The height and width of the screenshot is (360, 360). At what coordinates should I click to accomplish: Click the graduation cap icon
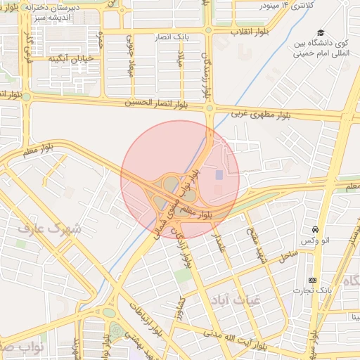click(x=321, y=33)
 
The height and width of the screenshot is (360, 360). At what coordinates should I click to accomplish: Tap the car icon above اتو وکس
click(x=314, y=230)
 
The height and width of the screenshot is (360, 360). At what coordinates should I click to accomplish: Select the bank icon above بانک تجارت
click(x=312, y=280)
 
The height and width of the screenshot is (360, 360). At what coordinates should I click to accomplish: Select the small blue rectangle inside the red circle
click(x=218, y=174)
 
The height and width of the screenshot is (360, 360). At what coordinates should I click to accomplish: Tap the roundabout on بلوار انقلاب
click(x=209, y=31)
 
